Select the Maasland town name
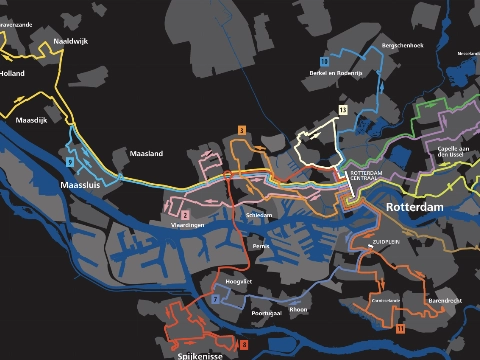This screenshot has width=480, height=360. pyautogui.click(x=146, y=153)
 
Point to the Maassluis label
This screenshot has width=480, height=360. pyautogui.click(x=82, y=185)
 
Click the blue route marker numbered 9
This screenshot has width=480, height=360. pyautogui.click(x=69, y=161)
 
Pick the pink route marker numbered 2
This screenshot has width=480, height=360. pyautogui.click(x=185, y=214)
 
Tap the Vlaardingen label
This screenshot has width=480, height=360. pyautogui.click(x=188, y=226)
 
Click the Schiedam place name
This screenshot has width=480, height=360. pyautogui.click(x=259, y=214)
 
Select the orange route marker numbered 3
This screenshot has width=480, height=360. pyautogui.click(x=242, y=131)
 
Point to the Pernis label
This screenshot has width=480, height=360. pyautogui.click(x=261, y=246)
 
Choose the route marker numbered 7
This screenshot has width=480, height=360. pyautogui.click(x=215, y=299)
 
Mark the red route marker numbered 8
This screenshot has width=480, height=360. pyautogui.click(x=243, y=344)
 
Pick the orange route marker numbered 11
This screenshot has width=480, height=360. pyautogui.click(x=399, y=328)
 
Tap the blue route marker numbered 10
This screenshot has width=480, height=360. pyautogui.click(x=325, y=61)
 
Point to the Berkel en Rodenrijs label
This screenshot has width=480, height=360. pyautogui.click(x=334, y=74)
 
